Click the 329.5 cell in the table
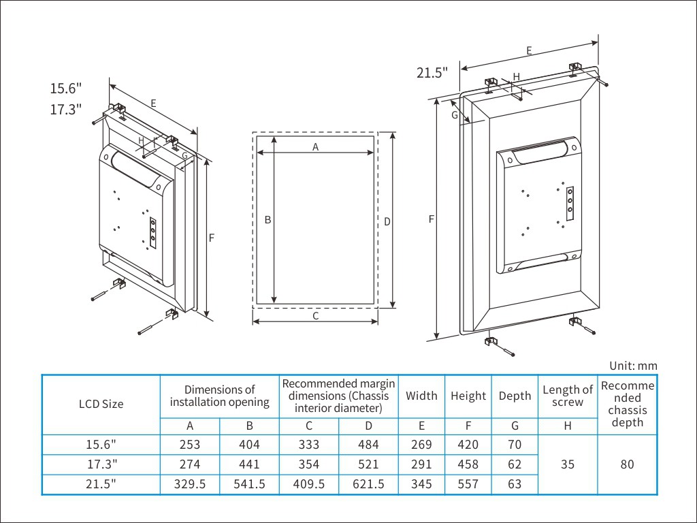coord(190,484)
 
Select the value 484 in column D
coord(368,444)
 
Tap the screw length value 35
coord(568,464)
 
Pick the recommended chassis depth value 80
coord(627,464)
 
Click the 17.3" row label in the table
coord(102,464)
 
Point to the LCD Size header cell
coord(101,405)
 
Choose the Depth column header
coord(515,396)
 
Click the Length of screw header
coord(568,396)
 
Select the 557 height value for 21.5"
coord(468,484)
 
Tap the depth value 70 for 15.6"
coord(515,444)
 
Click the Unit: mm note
coord(633,366)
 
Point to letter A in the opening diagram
coord(316,147)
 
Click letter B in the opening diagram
coord(268,220)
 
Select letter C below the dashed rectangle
coord(316,316)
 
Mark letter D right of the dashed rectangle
coord(387,221)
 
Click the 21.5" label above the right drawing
coord(432,72)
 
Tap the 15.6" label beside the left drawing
coord(66,88)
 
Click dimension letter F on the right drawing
coord(431,219)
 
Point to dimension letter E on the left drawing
coord(153,104)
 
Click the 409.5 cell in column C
coord(309,484)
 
